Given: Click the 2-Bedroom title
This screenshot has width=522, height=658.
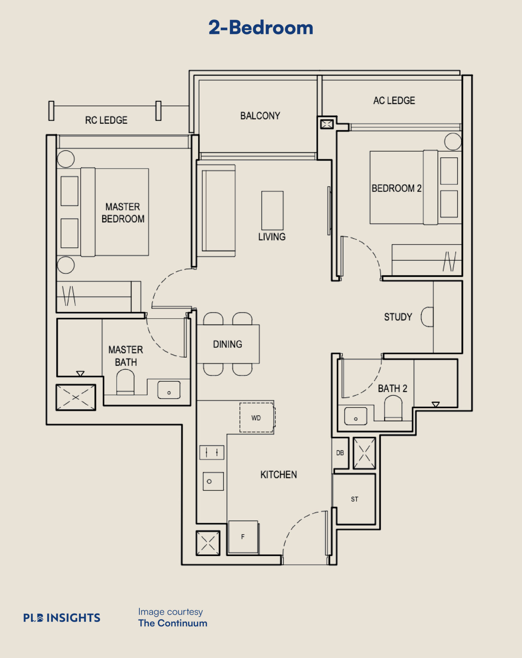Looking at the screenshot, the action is [x=261, y=28].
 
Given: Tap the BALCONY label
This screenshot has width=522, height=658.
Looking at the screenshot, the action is [x=260, y=116].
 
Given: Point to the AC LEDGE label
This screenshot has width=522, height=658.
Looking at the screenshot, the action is [x=394, y=100].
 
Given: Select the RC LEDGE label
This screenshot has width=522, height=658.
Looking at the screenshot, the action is [x=106, y=120].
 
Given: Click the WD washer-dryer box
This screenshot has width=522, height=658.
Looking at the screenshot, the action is [x=257, y=417].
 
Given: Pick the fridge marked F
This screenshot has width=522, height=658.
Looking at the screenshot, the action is [x=243, y=537].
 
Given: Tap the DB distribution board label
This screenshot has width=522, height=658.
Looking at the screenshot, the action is [x=340, y=453].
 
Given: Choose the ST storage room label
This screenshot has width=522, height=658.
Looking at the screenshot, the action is [x=354, y=499].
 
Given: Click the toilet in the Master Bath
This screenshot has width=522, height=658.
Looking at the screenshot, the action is [x=125, y=382].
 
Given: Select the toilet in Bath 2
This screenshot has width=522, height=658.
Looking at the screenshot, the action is [x=393, y=408].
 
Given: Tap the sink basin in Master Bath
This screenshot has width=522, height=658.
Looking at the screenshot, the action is [x=169, y=390].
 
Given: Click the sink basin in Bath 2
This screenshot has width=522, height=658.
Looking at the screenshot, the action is [x=356, y=416].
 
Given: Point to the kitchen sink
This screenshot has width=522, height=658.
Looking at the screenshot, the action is [x=213, y=481].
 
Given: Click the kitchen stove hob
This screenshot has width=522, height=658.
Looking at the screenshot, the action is [x=212, y=452].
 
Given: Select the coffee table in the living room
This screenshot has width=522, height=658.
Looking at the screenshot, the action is [x=273, y=210].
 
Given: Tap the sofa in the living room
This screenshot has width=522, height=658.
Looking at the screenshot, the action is [x=216, y=210].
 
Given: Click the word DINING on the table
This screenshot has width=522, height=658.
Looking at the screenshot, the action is [x=228, y=344].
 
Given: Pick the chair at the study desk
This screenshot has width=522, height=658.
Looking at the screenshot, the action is [x=427, y=317].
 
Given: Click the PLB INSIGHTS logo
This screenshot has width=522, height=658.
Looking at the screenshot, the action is [x=62, y=618].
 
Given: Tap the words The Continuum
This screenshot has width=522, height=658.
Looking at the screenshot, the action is [x=173, y=623].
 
